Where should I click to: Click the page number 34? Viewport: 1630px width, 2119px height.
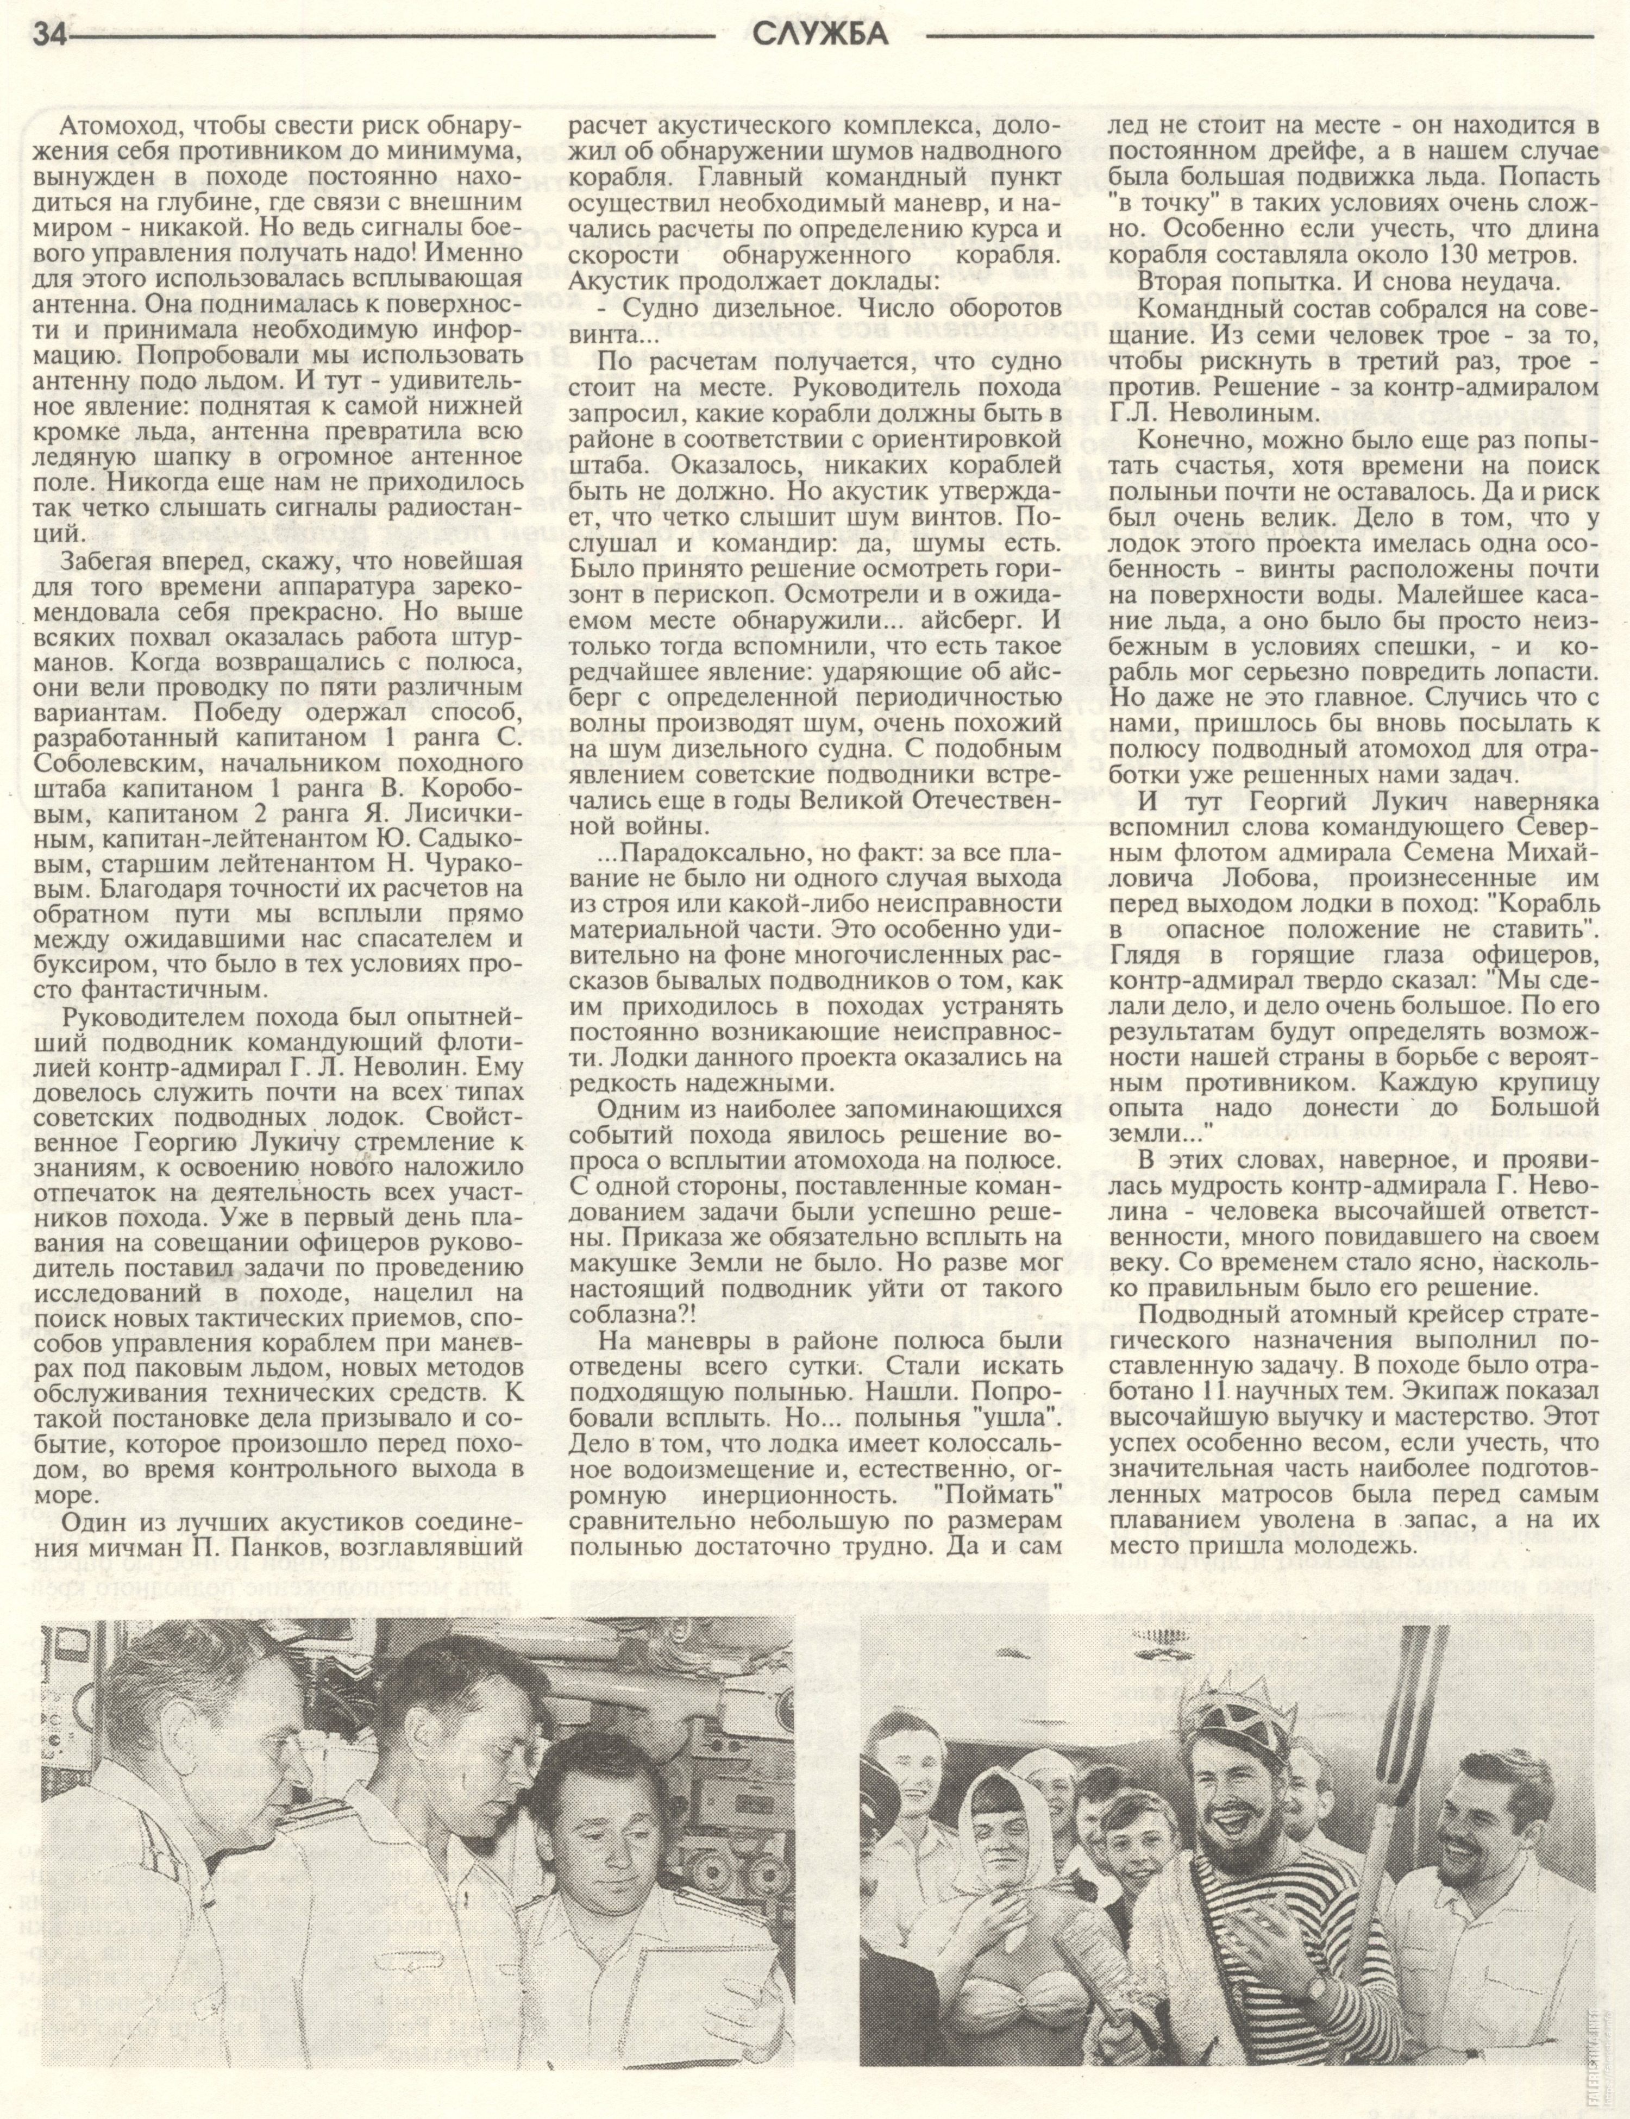(x=51, y=35)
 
